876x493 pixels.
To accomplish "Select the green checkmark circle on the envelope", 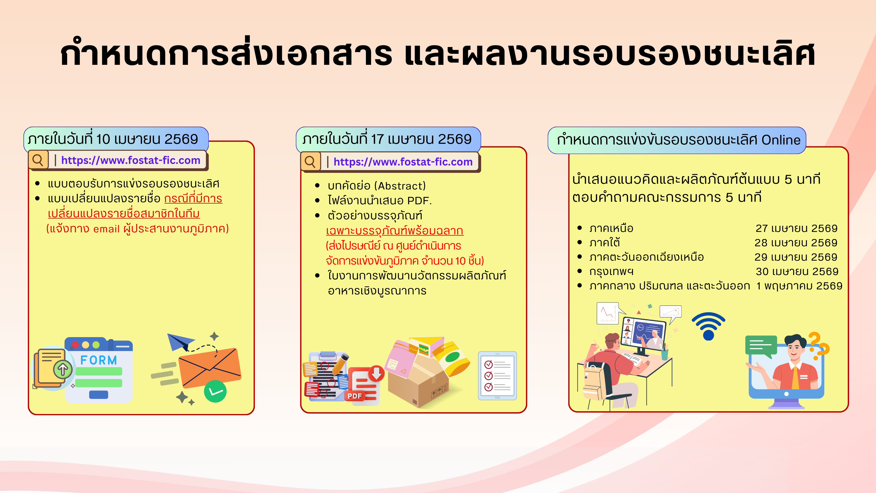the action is click(x=215, y=391).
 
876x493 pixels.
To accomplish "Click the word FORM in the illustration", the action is click(x=99, y=360).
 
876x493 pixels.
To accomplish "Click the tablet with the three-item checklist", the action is click(x=497, y=376).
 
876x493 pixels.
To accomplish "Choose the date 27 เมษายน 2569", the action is click(x=796, y=228).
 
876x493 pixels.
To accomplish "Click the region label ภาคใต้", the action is click(x=605, y=243).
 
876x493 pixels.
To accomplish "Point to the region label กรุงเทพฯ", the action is click(x=611, y=272).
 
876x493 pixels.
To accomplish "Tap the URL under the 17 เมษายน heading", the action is click(x=403, y=162).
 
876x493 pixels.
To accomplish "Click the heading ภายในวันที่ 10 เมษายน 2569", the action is click(x=113, y=139).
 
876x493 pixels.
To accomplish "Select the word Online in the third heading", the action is click(x=781, y=140).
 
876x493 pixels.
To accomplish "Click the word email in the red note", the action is click(x=107, y=229).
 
